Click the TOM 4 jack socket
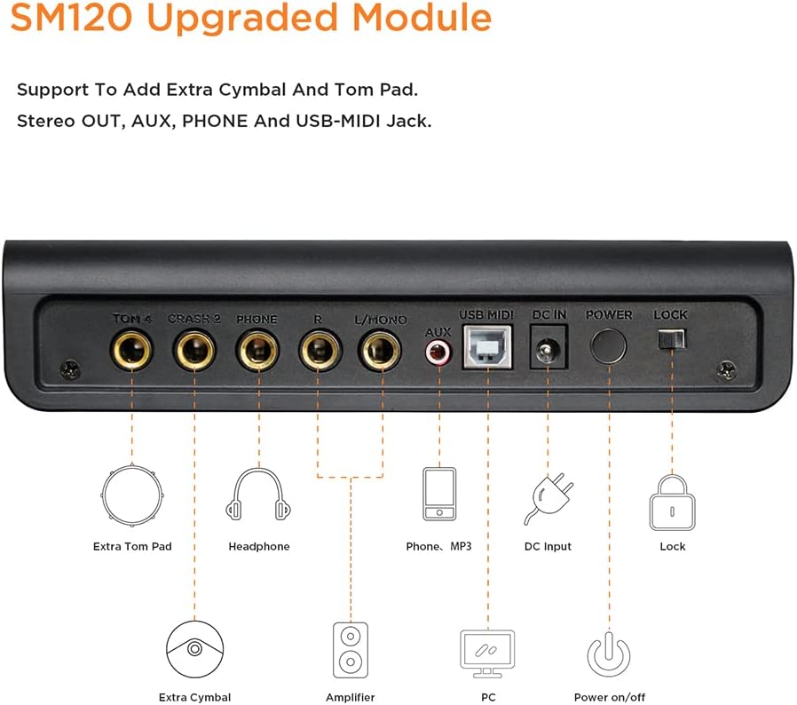tap(131, 350)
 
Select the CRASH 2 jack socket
tap(194, 351)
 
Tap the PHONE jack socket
tap(257, 351)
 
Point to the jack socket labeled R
tap(320, 350)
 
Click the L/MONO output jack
tap(380, 350)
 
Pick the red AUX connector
tap(438, 352)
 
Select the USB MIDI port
tap(487, 347)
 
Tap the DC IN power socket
tap(548, 347)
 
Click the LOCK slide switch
tap(672, 339)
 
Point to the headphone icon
tap(259, 495)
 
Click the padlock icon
tap(672, 503)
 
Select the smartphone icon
tap(439, 494)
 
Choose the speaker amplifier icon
tap(351, 650)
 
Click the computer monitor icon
tap(487, 654)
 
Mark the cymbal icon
tap(194, 649)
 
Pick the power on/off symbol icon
tap(609, 654)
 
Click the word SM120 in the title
tap(72, 17)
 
